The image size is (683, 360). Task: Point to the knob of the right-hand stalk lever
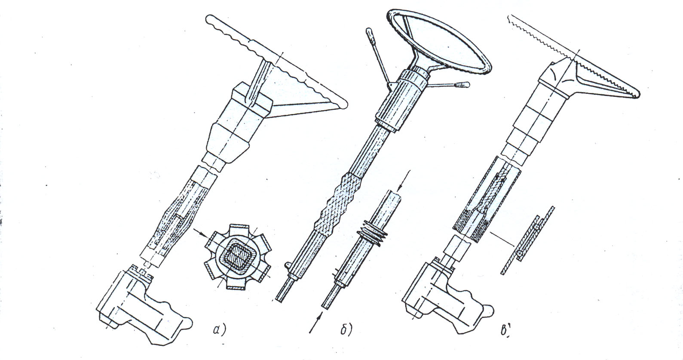tap(462, 85)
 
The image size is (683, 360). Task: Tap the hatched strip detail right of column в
tap(527, 240)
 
